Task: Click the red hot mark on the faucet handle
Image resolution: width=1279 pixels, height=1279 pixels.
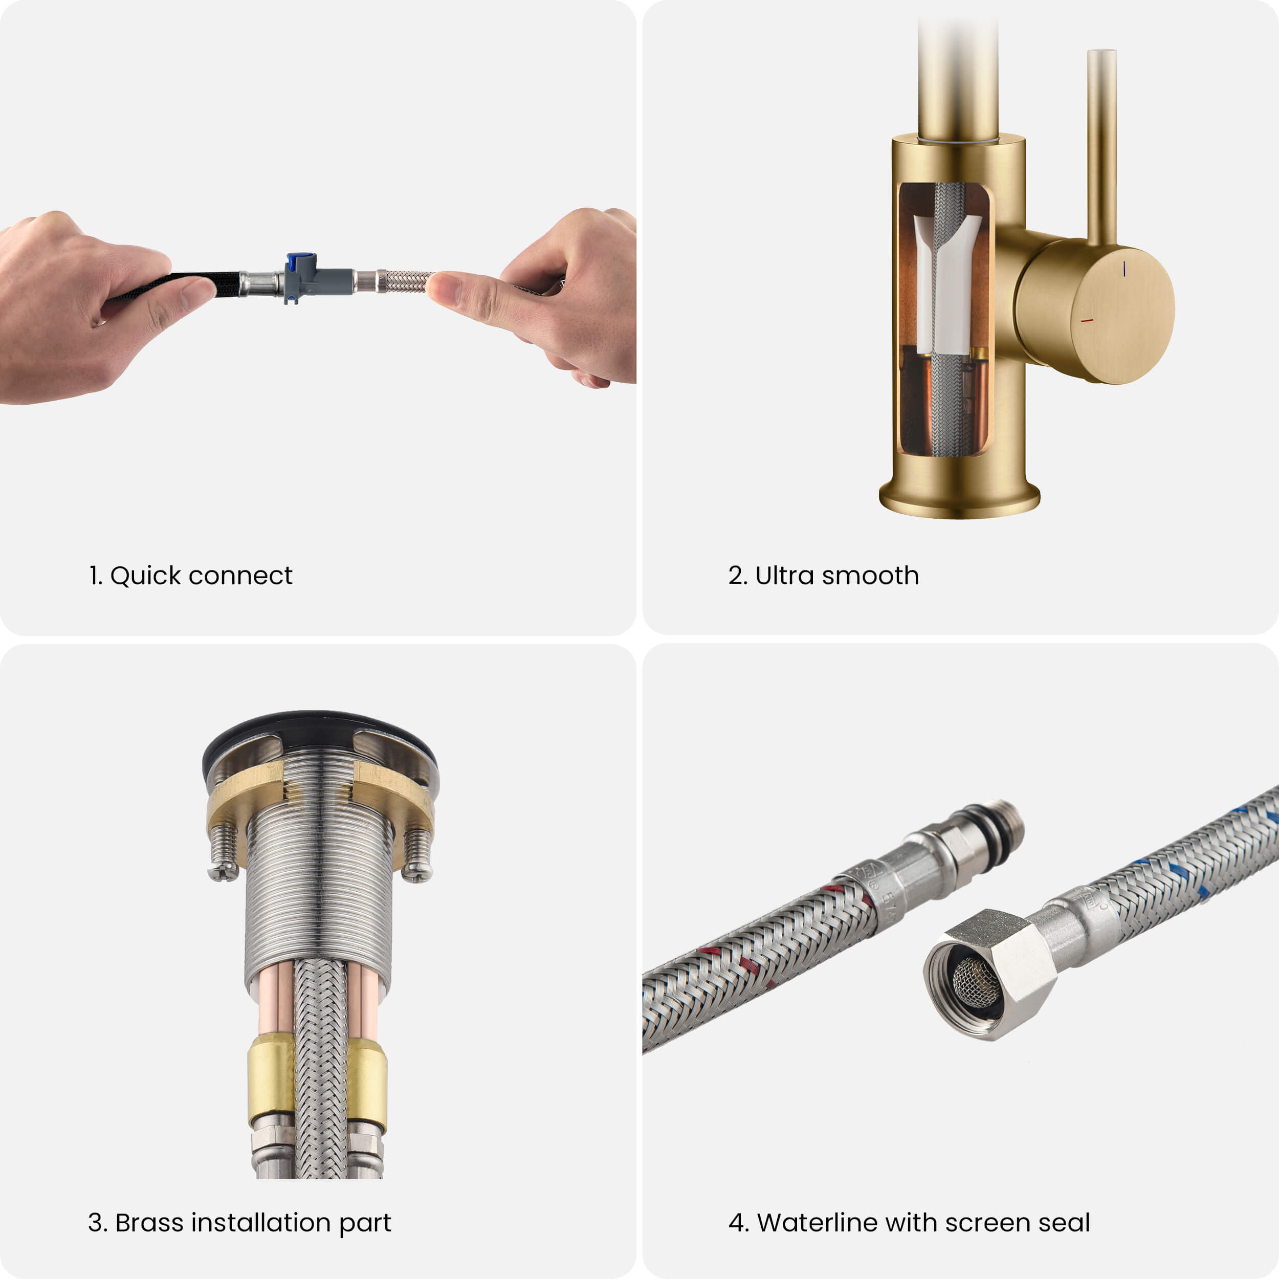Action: point(1086,320)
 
